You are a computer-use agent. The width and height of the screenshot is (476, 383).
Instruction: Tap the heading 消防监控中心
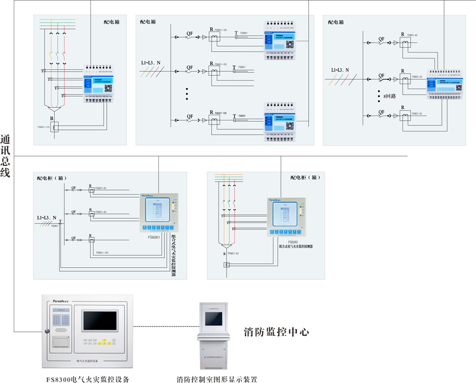tap(276, 332)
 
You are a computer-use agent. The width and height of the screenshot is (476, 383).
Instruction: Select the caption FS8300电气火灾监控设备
tap(88, 380)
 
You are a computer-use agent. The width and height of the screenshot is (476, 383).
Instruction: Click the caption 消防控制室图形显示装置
tap(217, 380)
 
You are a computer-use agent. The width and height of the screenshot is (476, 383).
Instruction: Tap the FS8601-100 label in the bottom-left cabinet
tap(102, 253)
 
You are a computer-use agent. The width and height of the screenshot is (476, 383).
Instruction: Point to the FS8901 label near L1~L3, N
tap(55, 226)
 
